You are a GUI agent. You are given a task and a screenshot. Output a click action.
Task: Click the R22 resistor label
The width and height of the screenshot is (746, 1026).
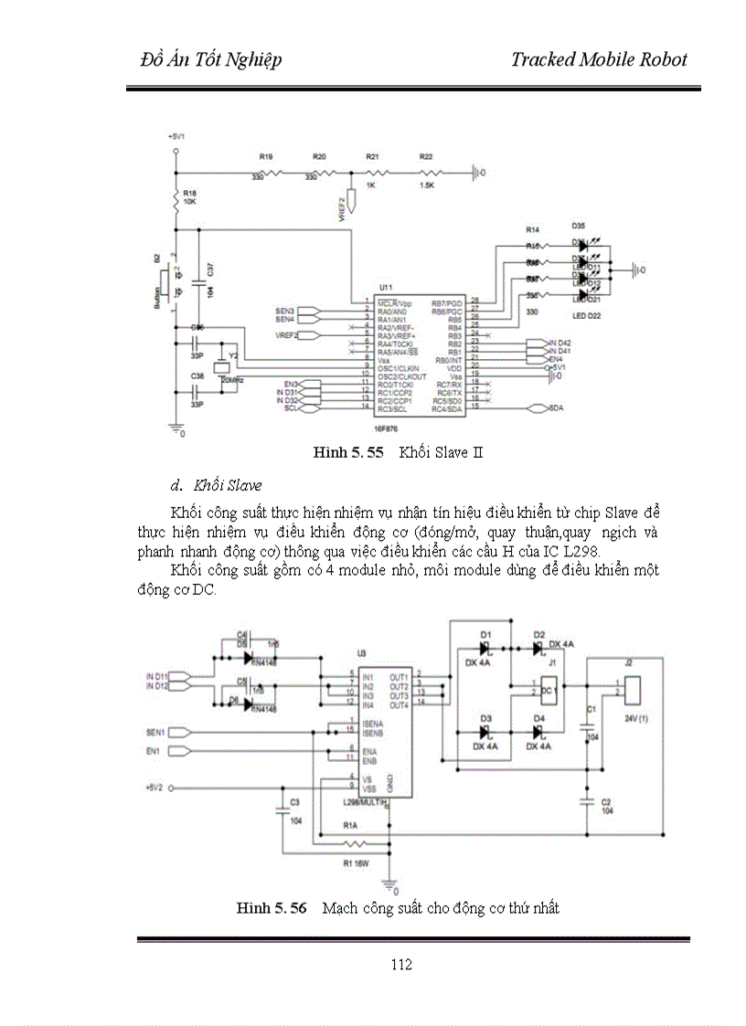click(426, 157)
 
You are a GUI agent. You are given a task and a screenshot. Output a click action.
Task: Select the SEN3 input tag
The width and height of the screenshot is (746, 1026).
click(284, 311)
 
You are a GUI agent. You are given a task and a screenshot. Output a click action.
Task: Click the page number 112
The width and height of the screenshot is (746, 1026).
click(400, 965)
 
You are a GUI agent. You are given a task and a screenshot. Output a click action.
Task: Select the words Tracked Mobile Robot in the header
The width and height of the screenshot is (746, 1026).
click(599, 60)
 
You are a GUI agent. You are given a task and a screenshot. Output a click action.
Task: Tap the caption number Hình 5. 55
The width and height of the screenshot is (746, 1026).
click(347, 452)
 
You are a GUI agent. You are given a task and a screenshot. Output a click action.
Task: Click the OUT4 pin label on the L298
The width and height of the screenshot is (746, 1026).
click(398, 705)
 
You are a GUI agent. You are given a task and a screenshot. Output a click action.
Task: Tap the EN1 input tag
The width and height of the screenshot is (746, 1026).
click(153, 751)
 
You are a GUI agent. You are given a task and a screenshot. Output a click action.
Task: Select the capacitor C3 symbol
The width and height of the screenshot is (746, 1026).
click(282, 808)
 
